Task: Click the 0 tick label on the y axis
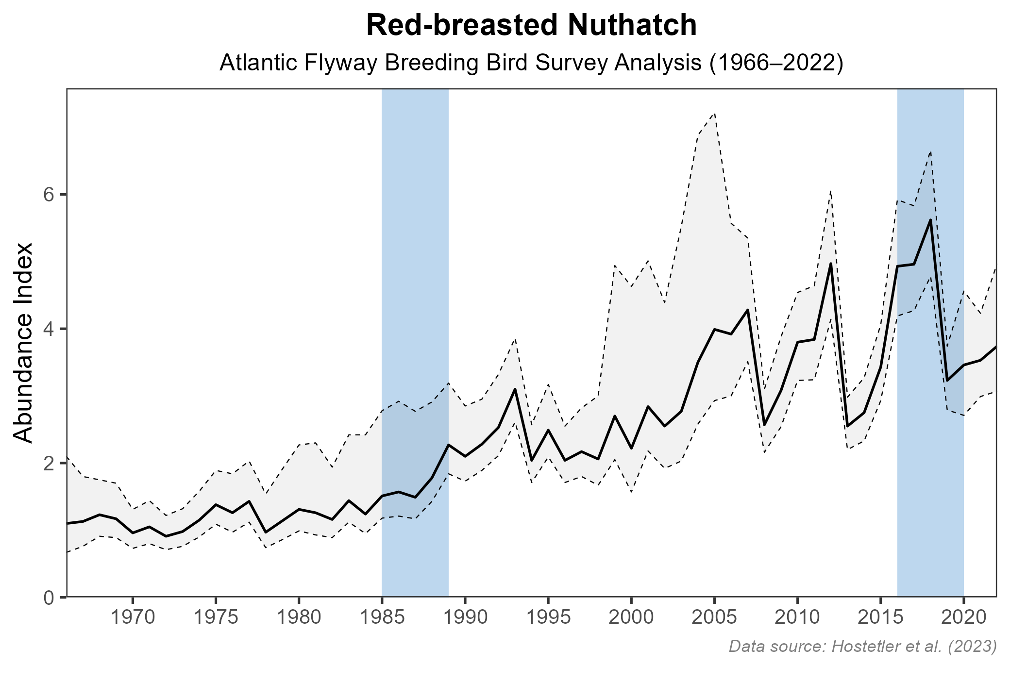pyautogui.click(x=48, y=598)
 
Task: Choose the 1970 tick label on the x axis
pyautogui.click(x=133, y=618)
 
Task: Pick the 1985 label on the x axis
pyautogui.click(x=382, y=618)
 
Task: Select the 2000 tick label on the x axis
pyautogui.click(x=631, y=618)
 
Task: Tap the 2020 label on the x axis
pyautogui.click(x=963, y=618)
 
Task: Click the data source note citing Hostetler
pyautogui.click(x=862, y=646)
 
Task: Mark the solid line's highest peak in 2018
pyautogui.click(x=930, y=220)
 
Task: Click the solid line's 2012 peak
pyautogui.click(x=831, y=263)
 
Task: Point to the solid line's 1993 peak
pyautogui.click(x=515, y=389)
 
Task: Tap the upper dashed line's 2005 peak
pyautogui.click(x=715, y=113)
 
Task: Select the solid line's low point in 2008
pyautogui.click(x=764, y=425)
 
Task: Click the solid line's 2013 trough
pyautogui.click(x=847, y=426)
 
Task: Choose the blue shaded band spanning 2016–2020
pyautogui.click(x=930, y=437)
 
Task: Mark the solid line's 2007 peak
pyautogui.click(x=748, y=310)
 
